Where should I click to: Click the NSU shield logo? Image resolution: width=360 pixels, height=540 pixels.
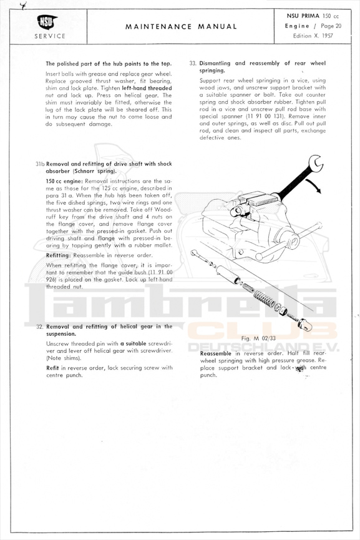pyautogui.click(x=47, y=22)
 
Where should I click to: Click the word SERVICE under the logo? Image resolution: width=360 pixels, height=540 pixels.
pyautogui.click(x=49, y=36)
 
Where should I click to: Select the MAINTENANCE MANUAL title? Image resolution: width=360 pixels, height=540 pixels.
pyautogui.click(x=181, y=26)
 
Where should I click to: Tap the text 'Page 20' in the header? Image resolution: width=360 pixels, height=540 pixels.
pyautogui.click(x=331, y=26)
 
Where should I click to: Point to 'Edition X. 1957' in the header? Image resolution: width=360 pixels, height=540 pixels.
pyautogui.click(x=313, y=36)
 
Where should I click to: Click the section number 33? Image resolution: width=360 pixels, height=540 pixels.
pyautogui.click(x=192, y=64)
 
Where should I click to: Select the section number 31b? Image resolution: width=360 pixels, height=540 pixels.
pyautogui.click(x=40, y=164)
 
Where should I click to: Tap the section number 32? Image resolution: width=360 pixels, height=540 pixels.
pyautogui.click(x=39, y=326)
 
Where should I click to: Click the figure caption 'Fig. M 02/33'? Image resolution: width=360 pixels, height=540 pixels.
pyautogui.click(x=258, y=338)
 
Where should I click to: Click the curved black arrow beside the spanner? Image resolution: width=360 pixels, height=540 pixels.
pyautogui.click(x=314, y=185)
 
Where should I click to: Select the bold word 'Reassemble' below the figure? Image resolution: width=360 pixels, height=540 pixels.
pyautogui.click(x=216, y=353)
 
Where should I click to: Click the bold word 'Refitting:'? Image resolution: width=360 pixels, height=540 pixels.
pyautogui.click(x=59, y=255)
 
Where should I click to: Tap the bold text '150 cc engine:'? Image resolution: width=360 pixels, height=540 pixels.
pyautogui.click(x=64, y=181)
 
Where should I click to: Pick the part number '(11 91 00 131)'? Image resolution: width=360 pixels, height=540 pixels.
pyautogui.click(x=266, y=116)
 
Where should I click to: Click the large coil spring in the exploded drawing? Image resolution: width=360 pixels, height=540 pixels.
pyautogui.click(x=265, y=298)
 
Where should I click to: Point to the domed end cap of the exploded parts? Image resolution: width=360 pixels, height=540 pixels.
pyautogui.click(x=305, y=324)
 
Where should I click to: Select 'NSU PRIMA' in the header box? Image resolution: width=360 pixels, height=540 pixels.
pyautogui.click(x=303, y=16)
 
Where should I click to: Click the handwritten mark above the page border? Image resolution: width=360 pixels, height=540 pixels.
pyautogui.click(x=23, y=5)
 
